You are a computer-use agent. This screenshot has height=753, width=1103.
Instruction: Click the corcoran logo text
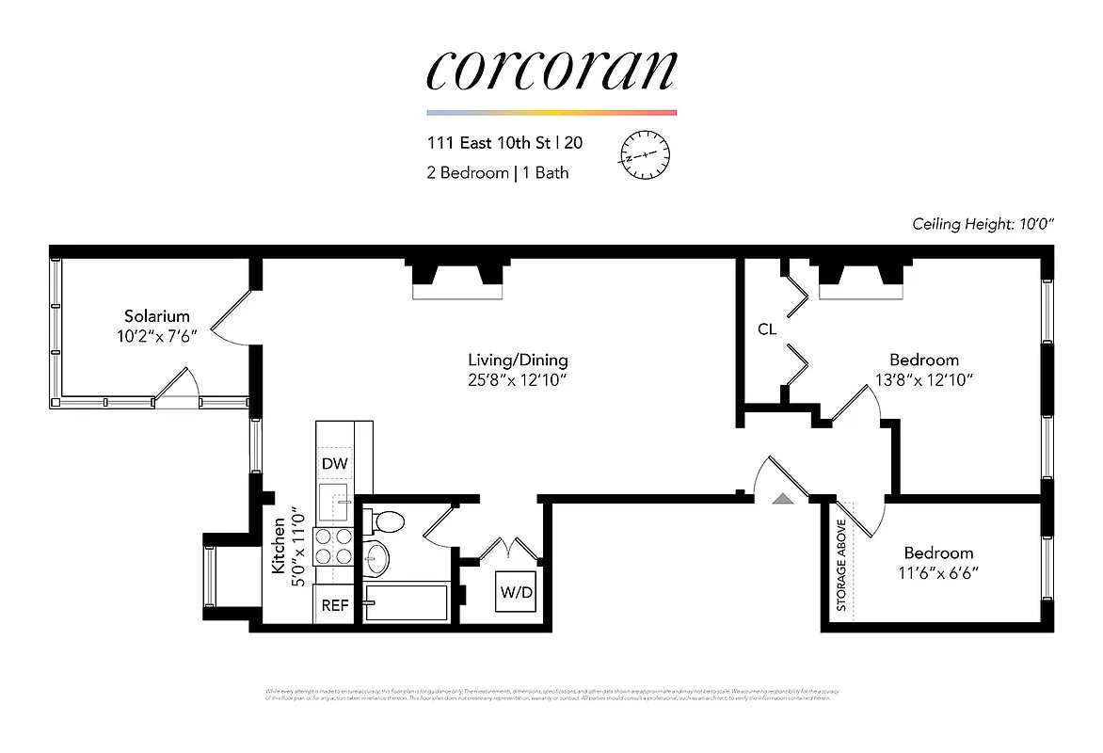coord(551,72)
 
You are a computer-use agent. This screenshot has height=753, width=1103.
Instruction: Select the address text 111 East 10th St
coord(489,144)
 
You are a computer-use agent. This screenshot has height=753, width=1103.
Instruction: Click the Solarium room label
coord(156,316)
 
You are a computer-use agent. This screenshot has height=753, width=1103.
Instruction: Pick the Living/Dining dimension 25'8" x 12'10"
coord(518,380)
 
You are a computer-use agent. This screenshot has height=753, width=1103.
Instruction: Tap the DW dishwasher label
coord(333,463)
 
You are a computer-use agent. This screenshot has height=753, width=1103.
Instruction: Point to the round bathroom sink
coord(376,558)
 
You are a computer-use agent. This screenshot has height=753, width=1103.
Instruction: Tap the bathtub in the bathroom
coord(408,602)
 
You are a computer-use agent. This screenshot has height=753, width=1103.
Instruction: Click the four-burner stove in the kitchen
coord(333,546)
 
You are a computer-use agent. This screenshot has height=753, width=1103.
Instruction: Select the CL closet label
coord(767,329)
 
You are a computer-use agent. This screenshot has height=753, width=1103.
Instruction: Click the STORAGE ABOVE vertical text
coord(841,565)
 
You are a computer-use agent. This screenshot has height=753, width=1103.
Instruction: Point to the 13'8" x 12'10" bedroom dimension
coord(924,380)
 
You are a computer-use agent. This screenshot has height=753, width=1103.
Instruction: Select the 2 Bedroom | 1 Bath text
coord(497,172)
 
